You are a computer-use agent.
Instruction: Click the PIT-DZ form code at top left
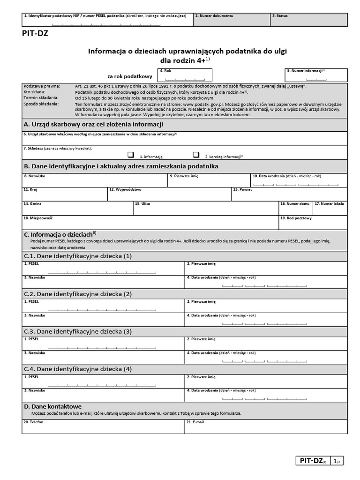[x=35, y=33]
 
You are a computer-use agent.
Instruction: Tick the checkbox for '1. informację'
[x=130, y=155]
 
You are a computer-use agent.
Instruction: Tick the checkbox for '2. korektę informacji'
[x=196, y=155]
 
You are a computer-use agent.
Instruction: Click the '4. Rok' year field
[x=185, y=75]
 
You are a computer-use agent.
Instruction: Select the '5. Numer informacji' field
[x=316, y=75]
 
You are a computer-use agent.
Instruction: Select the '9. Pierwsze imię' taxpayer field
[x=209, y=182]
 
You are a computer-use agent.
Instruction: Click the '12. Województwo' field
[x=169, y=196]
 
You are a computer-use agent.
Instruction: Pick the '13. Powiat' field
[x=289, y=196]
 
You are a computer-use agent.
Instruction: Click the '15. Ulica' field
[x=206, y=210]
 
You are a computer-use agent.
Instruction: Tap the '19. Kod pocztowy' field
[x=313, y=224]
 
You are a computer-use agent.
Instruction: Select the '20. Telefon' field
[x=103, y=427]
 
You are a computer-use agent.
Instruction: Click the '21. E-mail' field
[x=266, y=427]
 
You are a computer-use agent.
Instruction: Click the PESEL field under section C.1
[x=103, y=269]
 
